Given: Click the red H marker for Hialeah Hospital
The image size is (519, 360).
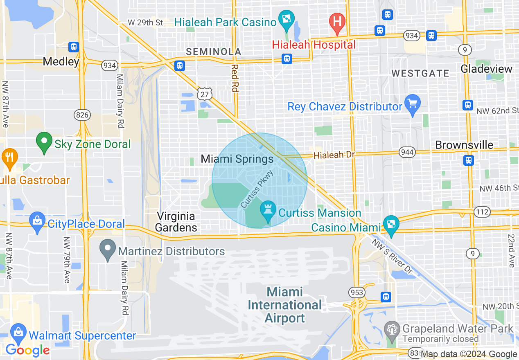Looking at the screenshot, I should click(337, 21).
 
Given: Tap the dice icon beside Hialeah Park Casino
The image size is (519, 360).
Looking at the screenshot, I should click(286, 18).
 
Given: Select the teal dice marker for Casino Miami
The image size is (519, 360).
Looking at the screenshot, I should click(391, 224).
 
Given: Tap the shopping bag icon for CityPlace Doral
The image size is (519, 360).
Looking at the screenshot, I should click(37, 221).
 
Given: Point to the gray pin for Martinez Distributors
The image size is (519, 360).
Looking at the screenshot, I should click(108, 249).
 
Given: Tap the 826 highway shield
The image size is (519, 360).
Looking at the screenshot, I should click(82, 115).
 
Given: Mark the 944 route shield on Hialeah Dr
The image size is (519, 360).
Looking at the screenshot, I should click(408, 153).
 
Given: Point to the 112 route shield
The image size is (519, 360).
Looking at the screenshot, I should click(481, 212).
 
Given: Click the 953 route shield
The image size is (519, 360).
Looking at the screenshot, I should click(356, 292).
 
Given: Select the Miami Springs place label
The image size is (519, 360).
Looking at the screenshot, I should click(237, 159).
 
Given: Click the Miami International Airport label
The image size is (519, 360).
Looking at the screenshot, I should click(285, 305).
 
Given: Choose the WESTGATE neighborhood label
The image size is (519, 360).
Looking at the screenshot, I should click(420, 73).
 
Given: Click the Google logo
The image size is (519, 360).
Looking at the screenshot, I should click(27, 350).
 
